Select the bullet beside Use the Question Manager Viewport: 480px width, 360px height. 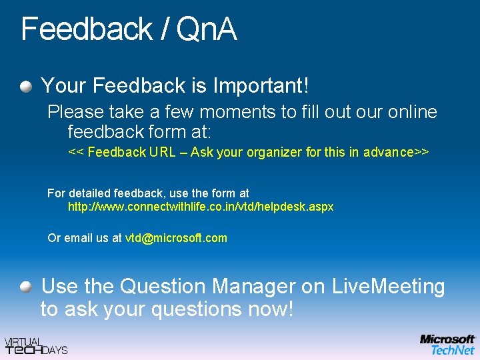[25, 287]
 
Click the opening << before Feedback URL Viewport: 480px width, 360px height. [76, 152]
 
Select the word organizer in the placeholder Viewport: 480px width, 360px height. [274, 152]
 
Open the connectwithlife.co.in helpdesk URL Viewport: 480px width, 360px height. [201, 207]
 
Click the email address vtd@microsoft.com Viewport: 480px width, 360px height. [176, 238]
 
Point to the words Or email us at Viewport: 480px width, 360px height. [85, 238]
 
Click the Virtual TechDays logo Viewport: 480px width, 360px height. [36, 345]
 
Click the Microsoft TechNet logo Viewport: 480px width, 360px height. [447, 345]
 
